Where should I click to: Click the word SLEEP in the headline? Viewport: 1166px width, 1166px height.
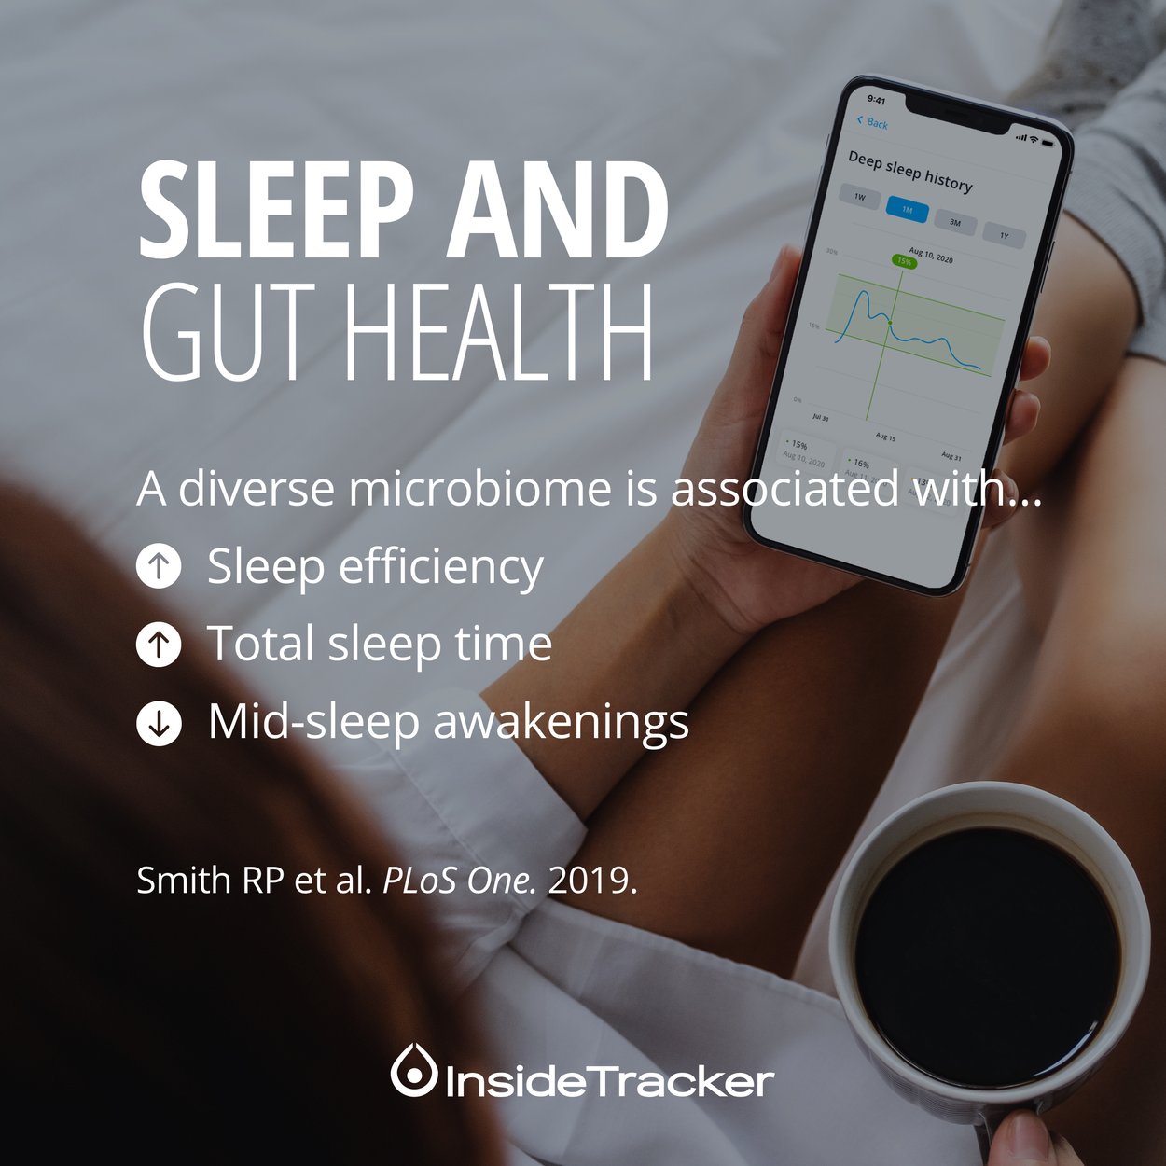tap(276, 213)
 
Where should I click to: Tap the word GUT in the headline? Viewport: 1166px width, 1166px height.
tap(222, 333)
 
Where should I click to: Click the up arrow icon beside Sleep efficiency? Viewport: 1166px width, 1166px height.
tap(160, 566)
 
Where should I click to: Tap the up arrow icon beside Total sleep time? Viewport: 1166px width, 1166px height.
tap(160, 645)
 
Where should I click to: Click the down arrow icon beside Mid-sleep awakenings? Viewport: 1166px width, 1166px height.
tap(160, 723)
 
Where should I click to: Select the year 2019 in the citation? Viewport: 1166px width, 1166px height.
tap(592, 881)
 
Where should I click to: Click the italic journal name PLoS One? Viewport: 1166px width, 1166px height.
tap(460, 881)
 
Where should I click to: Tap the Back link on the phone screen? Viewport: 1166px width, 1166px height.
tap(873, 123)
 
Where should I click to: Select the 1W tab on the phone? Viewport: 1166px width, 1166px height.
tap(859, 197)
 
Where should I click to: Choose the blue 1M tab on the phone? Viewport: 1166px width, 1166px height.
tap(907, 210)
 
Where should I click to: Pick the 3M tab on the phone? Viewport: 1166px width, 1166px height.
tap(954, 223)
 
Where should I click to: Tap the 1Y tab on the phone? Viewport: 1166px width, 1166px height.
tap(1004, 236)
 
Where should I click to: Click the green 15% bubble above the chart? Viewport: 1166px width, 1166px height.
tap(904, 262)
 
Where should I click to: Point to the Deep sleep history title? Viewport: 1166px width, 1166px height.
tap(909, 172)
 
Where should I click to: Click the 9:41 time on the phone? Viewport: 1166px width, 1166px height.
tap(877, 100)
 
